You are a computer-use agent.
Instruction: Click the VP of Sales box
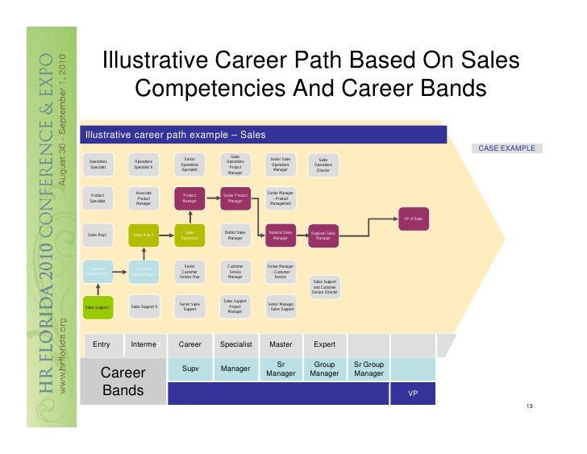point(412,219)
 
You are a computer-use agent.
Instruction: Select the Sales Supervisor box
point(189,235)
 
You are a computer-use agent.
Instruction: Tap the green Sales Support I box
point(98,306)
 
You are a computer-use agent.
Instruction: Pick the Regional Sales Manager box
point(323,235)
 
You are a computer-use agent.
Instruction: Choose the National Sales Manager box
point(280,235)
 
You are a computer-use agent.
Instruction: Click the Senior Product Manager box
point(235,198)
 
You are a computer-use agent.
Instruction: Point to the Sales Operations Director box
point(323,165)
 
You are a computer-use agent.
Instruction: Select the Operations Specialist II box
point(144,165)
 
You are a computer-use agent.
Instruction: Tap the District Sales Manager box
point(235,235)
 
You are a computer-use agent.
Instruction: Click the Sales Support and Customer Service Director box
point(324,286)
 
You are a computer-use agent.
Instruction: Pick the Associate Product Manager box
point(144,198)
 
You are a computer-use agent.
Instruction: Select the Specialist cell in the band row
point(236,344)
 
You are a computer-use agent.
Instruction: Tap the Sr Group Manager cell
point(368,369)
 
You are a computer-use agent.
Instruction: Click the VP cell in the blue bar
point(413,394)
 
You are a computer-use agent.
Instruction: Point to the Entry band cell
point(102,344)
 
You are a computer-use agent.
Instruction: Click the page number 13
point(529,406)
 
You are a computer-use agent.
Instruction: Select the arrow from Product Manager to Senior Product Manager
point(212,198)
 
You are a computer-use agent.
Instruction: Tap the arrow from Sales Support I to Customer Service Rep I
point(98,289)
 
